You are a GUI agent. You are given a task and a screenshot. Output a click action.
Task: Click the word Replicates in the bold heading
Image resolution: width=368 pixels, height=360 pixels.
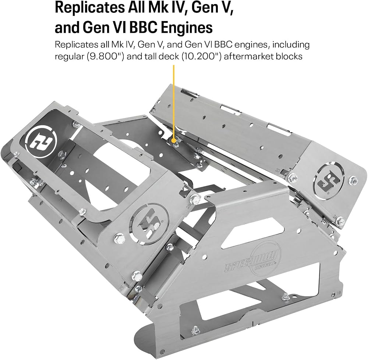click(x=90, y=8)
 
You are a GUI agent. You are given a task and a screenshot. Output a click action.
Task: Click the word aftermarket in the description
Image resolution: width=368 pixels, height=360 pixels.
click(x=248, y=57)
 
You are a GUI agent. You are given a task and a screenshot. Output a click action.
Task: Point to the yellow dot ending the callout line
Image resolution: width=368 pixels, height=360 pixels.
click(x=174, y=140)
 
